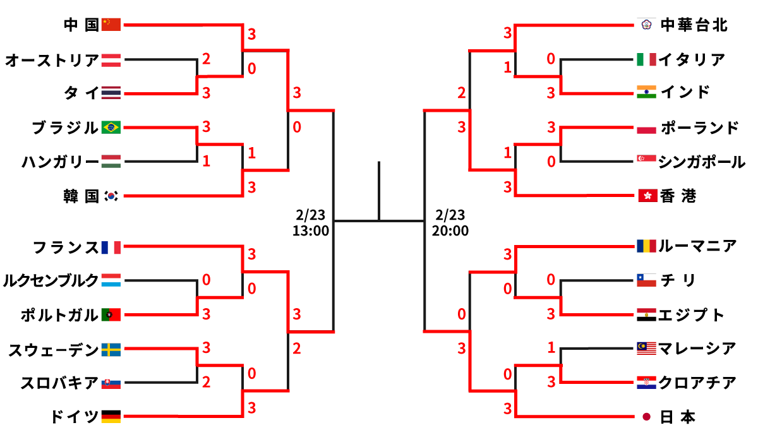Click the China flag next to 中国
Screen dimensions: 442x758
click(111, 25)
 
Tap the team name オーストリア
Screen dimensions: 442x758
click(52, 61)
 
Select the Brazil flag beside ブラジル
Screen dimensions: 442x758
click(111, 128)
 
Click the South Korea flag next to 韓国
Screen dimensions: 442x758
click(111, 196)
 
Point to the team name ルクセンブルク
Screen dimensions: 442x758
click(51, 280)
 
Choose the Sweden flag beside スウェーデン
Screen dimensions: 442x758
click(111, 349)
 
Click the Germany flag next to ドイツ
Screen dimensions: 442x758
click(111, 417)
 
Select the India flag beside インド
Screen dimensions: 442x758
click(646, 92)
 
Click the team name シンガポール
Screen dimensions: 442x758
click(701, 162)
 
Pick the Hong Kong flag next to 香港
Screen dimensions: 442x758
click(646, 196)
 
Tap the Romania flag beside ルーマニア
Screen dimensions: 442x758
click(646, 246)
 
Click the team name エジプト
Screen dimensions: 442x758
click(691, 314)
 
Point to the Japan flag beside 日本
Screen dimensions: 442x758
click(646, 417)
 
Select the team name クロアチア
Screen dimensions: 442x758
click(697, 383)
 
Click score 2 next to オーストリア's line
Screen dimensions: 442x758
click(206, 59)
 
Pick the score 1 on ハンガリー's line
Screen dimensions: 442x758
click(206, 162)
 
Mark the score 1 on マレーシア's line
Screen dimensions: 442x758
click(551, 347)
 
